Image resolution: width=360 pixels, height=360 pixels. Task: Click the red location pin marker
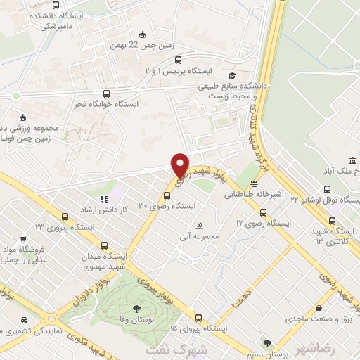click(181, 165)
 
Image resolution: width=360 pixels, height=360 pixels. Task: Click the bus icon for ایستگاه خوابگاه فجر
click(106, 94)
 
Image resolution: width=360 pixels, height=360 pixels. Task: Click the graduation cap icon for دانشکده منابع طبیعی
click(231, 75)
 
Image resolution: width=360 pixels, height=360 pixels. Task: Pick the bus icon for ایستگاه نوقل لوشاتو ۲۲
click(326, 189)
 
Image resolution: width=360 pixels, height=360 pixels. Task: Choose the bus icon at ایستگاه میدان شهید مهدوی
click(105, 246)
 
